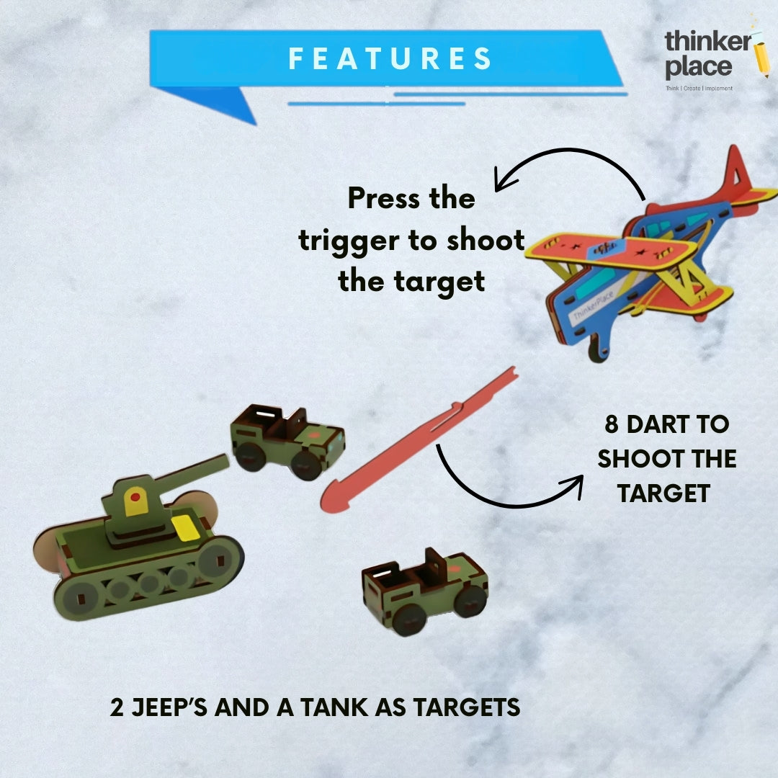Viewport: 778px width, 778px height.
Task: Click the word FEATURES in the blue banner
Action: click(x=390, y=58)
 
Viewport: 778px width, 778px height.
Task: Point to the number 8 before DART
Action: click(x=612, y=425)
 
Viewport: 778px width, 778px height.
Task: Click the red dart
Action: click(x=419, y=439)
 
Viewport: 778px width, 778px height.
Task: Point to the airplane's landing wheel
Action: click(x=597, y=347)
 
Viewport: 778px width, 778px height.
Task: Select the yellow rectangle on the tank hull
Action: click(x=186, y=528)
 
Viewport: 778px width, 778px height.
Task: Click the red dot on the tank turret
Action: click(x=135, y=496)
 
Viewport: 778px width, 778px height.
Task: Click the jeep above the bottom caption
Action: click(x=425, y=591)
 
